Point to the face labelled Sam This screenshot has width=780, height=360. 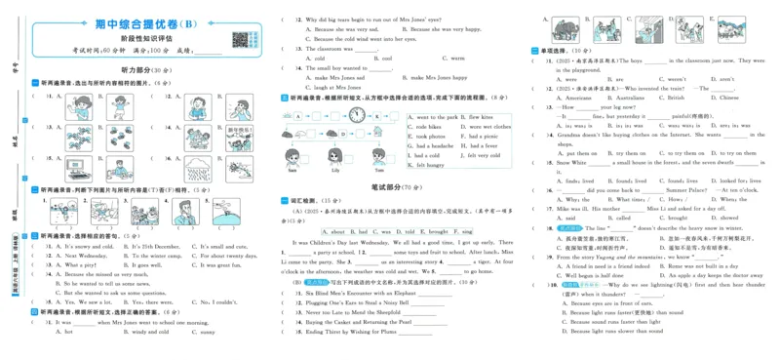click(292, 157)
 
